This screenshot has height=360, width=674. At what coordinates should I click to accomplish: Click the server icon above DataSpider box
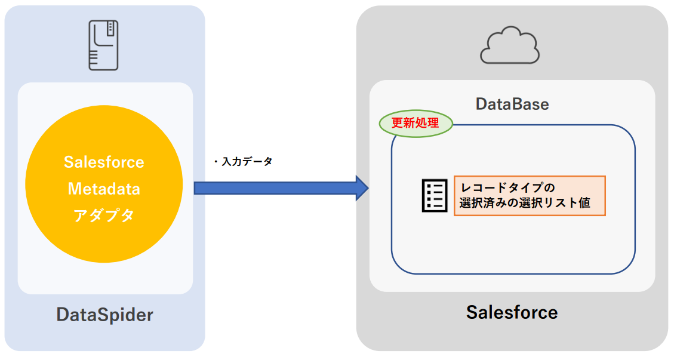coord(103,45)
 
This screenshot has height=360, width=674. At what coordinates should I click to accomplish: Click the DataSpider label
coord(104,315)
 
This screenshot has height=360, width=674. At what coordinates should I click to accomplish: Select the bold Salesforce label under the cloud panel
coord(512,312)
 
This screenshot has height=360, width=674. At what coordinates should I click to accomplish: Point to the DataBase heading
coord(512,104)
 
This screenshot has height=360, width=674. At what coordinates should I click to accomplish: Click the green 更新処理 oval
coord(416,124)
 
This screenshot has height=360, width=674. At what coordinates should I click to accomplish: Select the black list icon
coord(435,195)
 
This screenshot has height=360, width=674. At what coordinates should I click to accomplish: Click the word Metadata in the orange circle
coord(104,189)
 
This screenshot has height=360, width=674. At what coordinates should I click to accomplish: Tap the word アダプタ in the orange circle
coord(104,216)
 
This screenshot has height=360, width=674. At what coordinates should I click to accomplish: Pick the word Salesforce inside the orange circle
coord(104,162)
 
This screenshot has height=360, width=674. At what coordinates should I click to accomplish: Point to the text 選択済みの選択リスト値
coord(525,203)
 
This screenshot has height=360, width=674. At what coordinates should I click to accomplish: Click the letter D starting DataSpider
coord(63,315)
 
